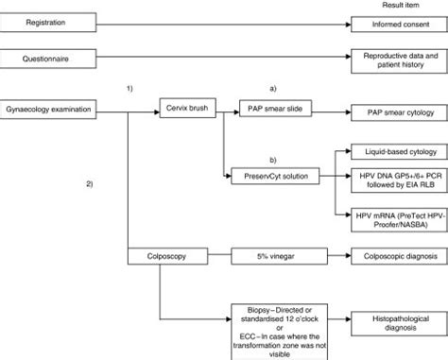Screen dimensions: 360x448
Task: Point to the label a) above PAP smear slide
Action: (x=273, y=89)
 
